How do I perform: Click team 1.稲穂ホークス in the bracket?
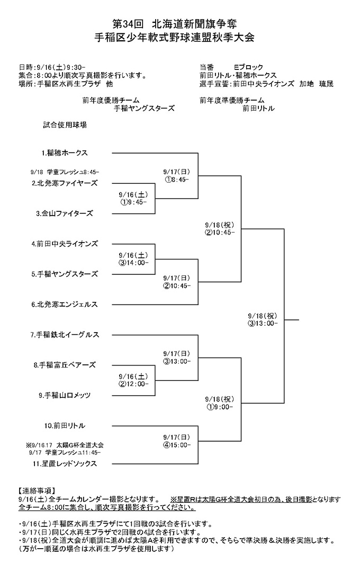point(65,153)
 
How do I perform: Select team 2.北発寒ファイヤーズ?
point(65,183)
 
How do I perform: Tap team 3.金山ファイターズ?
point(65,213)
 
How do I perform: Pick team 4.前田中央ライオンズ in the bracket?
point(65,244)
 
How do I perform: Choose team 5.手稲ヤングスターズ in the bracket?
point(65,274)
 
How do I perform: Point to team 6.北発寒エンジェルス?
point(65,304)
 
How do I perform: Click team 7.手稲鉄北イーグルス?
point(65,335)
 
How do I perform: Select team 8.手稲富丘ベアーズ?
point(65,365)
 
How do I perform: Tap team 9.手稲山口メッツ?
point(65,395)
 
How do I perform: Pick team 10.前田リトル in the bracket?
point(65,426)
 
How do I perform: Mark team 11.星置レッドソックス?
point(65,463)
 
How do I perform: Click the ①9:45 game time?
point(133,202)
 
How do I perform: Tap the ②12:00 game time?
point(133,384)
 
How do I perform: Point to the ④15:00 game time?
point(176,445)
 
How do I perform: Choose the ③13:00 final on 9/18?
point(262,324)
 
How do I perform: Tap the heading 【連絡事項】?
point(37,490)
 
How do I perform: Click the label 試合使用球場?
point(65,125)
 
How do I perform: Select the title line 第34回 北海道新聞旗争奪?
point(175,24)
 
